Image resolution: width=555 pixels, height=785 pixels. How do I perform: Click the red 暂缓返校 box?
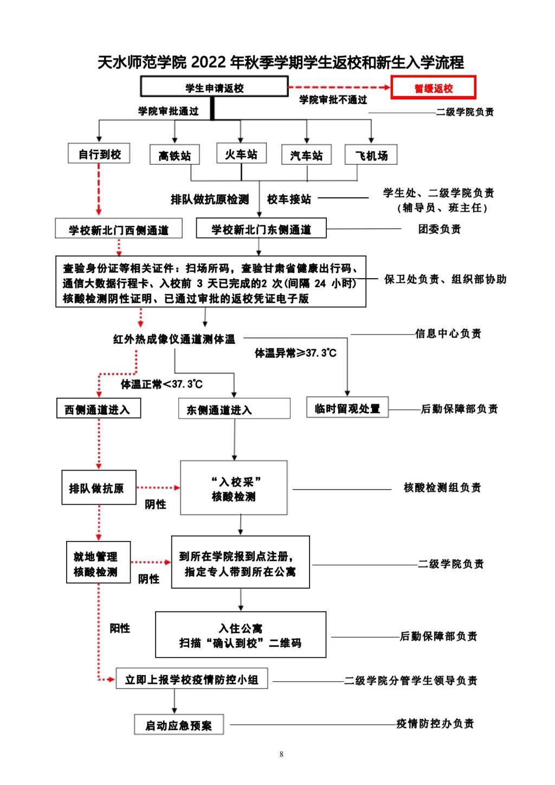coord(433,88)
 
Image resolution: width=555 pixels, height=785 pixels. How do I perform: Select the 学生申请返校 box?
coord(214,87)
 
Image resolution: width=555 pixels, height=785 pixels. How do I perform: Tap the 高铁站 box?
coord(175,156)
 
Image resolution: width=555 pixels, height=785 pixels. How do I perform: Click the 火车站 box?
coord(241,154)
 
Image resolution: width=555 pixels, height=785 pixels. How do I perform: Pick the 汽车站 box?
coord(306,156)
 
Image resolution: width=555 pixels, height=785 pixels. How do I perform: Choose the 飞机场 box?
coord(371,156)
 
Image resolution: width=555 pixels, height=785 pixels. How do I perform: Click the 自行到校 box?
coord(99,154)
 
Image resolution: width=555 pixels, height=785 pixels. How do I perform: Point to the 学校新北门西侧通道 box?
coord(119,229)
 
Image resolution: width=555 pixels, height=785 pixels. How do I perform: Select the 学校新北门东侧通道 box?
coord(261,229)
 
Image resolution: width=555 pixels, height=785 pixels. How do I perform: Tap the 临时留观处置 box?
coord(347,408)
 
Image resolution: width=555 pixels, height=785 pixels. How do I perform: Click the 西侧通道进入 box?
coord(99,409)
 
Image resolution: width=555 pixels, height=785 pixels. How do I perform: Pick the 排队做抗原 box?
coord(99,488)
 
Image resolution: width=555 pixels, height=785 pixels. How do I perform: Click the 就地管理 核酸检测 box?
coord(98,563)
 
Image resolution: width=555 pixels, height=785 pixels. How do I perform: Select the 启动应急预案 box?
coord(179,725)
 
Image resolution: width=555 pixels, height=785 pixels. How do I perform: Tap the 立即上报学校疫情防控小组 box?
coord(192,679)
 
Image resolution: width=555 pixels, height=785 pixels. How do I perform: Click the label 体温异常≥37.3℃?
coord(295,353)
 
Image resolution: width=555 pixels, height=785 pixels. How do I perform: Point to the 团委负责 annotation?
coord(439,229)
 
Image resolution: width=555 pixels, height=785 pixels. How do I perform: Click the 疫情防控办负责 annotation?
coord(435,724)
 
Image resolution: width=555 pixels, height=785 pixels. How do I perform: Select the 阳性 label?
coord(120,628)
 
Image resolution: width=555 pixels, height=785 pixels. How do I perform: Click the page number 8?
coord(281,754)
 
